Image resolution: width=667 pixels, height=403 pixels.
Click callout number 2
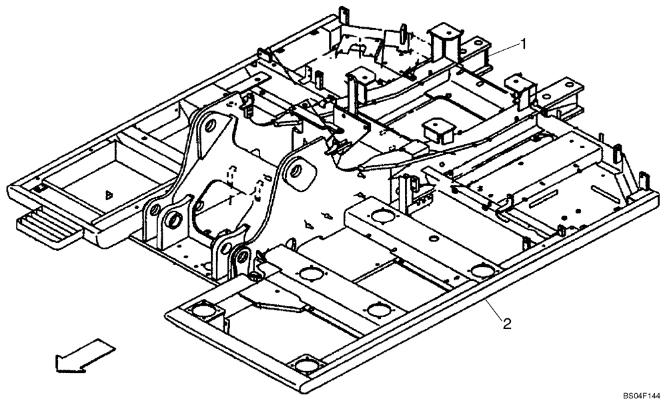[507, 324]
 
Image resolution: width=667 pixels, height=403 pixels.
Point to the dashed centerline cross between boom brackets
[230, 198]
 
